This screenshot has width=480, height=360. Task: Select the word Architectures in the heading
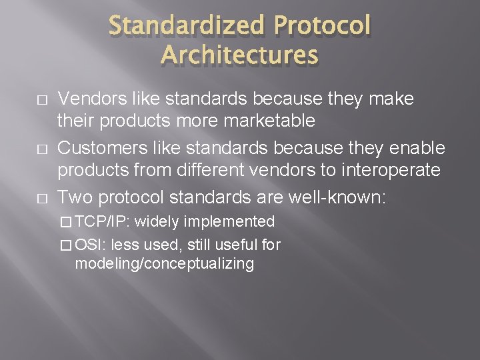[x=240, y=55]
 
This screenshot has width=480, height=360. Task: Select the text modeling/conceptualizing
[x=165, y=263]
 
